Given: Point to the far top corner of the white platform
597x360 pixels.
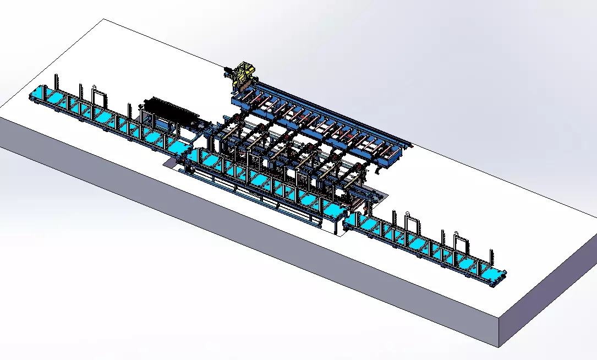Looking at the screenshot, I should [x=104, y=19].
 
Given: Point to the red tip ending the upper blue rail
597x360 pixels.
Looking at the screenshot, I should [x=410, y=146].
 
